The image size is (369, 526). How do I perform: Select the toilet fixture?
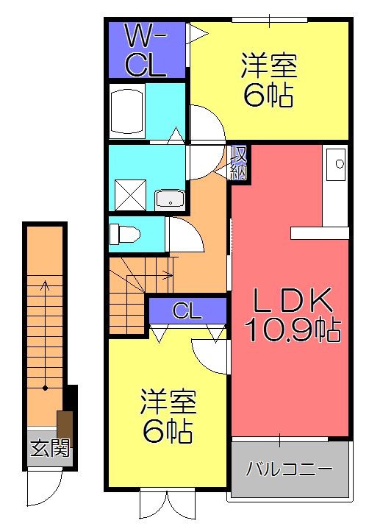tap(124, 234)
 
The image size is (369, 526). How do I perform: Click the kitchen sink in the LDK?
tap(337, 166)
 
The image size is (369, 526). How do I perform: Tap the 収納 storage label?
tap(239, 162)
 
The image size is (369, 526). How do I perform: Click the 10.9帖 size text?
tap(292, 330)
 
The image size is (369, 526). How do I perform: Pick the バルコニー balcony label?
tap(289, 468)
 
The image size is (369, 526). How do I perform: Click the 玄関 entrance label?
tap(50, 447)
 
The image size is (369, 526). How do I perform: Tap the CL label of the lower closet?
tap(186, 311)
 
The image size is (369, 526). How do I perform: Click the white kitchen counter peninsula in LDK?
tap(319, 232)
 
